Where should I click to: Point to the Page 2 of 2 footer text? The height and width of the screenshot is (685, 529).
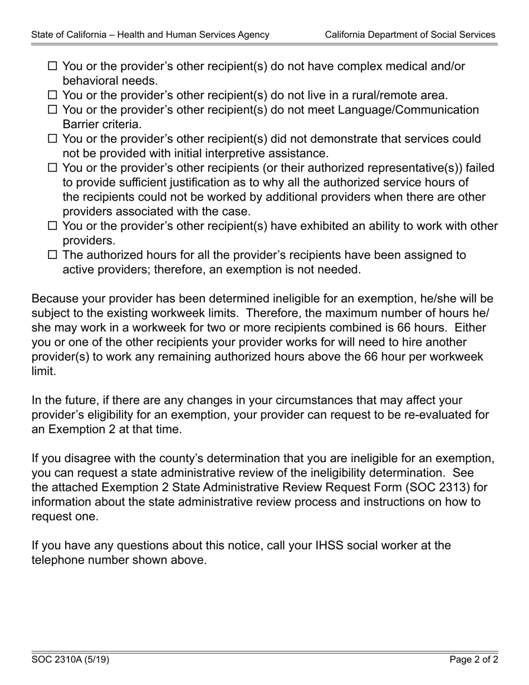(474, 660)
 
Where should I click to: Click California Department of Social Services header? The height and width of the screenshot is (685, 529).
(410, 35)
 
